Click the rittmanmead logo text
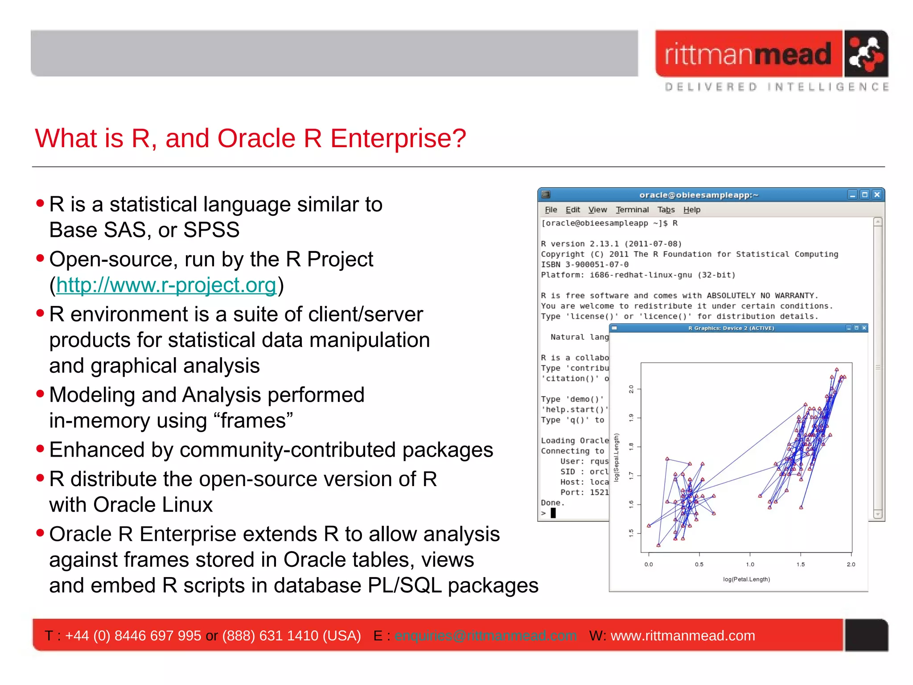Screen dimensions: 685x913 click(x=748, y=54)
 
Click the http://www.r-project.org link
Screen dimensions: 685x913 click(x=166, y=285)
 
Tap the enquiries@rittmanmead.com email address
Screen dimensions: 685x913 click(x=485, y=635)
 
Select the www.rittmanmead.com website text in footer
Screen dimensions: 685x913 click(x=683, y=635)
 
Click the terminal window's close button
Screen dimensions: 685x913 click(x=876, y=195)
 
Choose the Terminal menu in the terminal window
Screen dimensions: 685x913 click(x=632, y=210)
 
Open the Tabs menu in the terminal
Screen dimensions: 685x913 click(x=666, y=210)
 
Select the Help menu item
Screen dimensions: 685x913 click(x=691, y=210)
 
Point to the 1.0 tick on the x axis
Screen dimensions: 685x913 click(x=750, y=564)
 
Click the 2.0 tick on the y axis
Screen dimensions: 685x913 click(x=631, y=389)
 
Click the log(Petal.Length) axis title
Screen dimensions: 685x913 click(x=746, y=579)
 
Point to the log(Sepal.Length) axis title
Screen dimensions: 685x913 click(x=617, y=458)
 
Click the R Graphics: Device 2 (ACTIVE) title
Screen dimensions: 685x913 click(x=731, y=328)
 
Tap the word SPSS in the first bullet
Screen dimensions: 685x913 click(x=211, y=230)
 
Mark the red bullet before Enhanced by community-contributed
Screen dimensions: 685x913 click(x=41, y=449)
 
